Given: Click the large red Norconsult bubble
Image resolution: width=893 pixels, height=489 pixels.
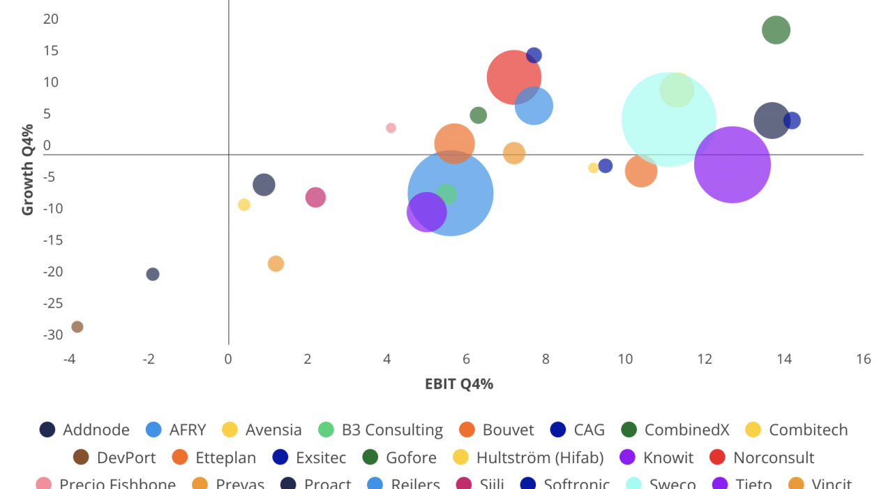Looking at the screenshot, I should click(514, 77).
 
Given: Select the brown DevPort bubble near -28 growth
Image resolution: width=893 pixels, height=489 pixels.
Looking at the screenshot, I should click(77, 327).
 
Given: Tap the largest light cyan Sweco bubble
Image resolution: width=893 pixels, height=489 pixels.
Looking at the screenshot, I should click(668, 119).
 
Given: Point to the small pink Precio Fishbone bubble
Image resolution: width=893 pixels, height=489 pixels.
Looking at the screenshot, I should click(391, 128).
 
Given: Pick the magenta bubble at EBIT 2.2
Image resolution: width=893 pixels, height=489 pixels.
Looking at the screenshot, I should click(315, 197).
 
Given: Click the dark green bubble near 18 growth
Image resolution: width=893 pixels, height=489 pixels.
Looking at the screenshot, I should click(776, 30).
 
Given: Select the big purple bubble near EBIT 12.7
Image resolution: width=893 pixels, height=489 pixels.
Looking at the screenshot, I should click(733, 165).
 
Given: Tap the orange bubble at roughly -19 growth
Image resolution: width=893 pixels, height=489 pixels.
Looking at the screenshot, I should click(276, 264).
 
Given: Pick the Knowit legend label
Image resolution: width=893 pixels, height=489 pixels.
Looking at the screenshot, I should click(668, 458).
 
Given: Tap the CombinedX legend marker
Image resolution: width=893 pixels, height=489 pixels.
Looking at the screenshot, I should click(629, 430).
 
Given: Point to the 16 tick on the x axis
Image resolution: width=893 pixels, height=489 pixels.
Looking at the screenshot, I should click(864, 359).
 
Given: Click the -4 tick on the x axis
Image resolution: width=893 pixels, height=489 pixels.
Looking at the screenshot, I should click(69, 359).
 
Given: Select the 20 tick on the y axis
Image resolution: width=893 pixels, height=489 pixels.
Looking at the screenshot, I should click(51, 19).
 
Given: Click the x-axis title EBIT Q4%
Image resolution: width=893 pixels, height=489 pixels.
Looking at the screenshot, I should click(458, 384).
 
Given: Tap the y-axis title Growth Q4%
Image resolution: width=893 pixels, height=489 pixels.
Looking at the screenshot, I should click(28, 170).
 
